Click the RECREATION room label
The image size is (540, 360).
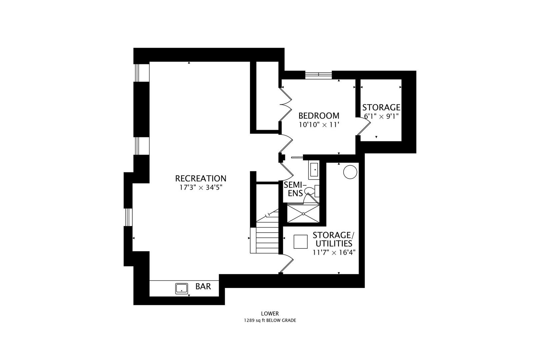[x=201, y=178]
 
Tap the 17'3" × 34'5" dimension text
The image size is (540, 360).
[x=201, y=188]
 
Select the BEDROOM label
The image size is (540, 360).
[x=319, y=116]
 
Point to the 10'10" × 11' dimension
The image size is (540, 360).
[x=319, y=125]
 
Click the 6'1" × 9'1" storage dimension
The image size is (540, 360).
[x=381, y=116]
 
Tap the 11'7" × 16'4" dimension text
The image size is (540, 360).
[x=334, y=252]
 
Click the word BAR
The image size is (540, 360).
[x=203, y=286]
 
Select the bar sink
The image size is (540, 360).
[x=182, y=289]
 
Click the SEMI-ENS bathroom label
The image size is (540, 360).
[x=295, y=189]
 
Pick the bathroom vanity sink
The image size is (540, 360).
[x=314, y=170]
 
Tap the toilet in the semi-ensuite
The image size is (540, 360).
[x=312, y=191]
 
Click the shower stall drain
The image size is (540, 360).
[x=303, y=214]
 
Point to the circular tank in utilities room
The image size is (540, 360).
[x=350, y=172]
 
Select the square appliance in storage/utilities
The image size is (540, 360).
[x=301, y=242]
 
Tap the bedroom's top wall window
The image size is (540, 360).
[x=318, y=75]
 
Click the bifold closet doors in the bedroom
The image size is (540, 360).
[x=286, y=104]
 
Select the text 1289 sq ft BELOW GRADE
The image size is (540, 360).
[x=270, y=320]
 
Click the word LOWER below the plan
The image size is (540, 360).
[x=270, y=313]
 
